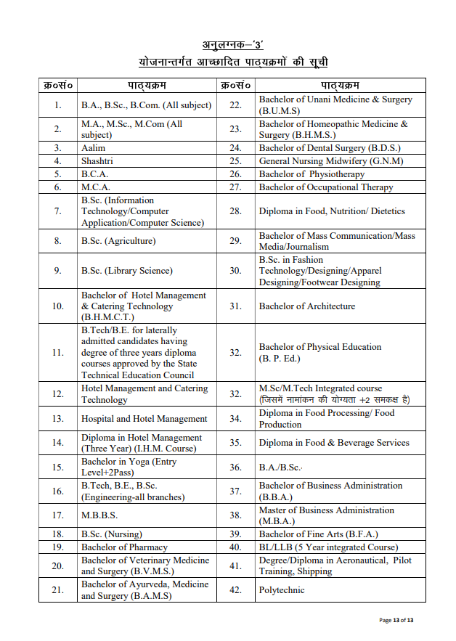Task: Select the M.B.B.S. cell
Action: [x=99, y=515]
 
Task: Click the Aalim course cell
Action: [x=94, y=148]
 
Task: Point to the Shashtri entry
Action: [x=97, y=161]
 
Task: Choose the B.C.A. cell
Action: [x=94, y=174]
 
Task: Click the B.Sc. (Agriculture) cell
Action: [x=118, y=241]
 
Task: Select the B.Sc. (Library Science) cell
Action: [x=127, y=271]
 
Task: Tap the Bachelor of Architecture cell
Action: [x=307, y=306]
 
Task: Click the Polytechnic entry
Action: [x=282, y=590]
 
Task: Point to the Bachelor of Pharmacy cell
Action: [x=124, y=547]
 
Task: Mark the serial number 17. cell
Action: [x=58, y=515]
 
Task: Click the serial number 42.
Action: [x=235, y=590]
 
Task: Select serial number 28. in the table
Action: [x=235, y=211]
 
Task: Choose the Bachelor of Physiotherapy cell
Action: [x=312, y=174]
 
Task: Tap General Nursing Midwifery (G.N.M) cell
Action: [x=331, y=161]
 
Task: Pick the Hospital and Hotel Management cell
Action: [x=144, y=419]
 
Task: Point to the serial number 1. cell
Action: [x=58, y=105]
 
